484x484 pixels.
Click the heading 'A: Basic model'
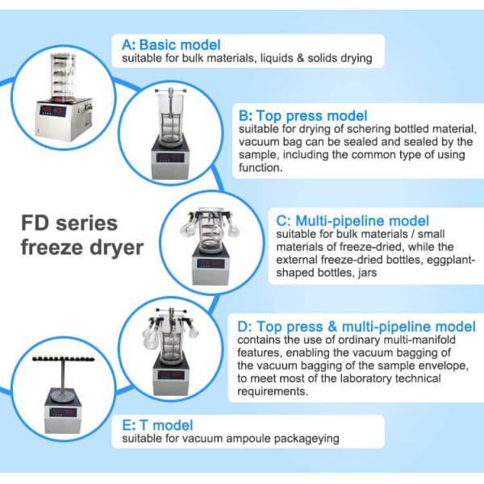coord(171,44)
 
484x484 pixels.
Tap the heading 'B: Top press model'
coord(302,116)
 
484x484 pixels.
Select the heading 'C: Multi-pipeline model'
coord(353,221)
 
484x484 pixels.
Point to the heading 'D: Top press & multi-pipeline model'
coord(357,327)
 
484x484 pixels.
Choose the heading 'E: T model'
coord(157,425)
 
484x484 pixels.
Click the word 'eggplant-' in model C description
coord(451,260)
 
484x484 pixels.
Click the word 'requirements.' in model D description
coord(273,391)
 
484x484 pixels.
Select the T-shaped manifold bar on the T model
coord(63,359)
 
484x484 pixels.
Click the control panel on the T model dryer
coord(63,412)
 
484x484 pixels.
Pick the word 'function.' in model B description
coord(261,168)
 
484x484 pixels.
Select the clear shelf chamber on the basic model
coord(63,78)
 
